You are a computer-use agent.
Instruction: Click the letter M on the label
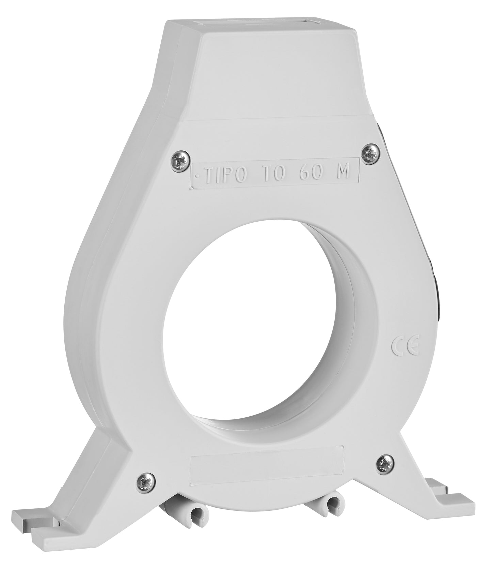tap(341, 173)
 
